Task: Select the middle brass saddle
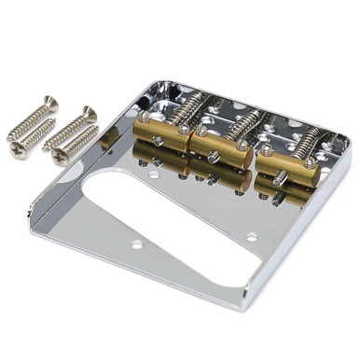pyautogui.click(x=216, y=142)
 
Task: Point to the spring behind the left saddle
pyautogui.click(x=187, y=110)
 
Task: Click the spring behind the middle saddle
pyautogui.click(x=245, y=122)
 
